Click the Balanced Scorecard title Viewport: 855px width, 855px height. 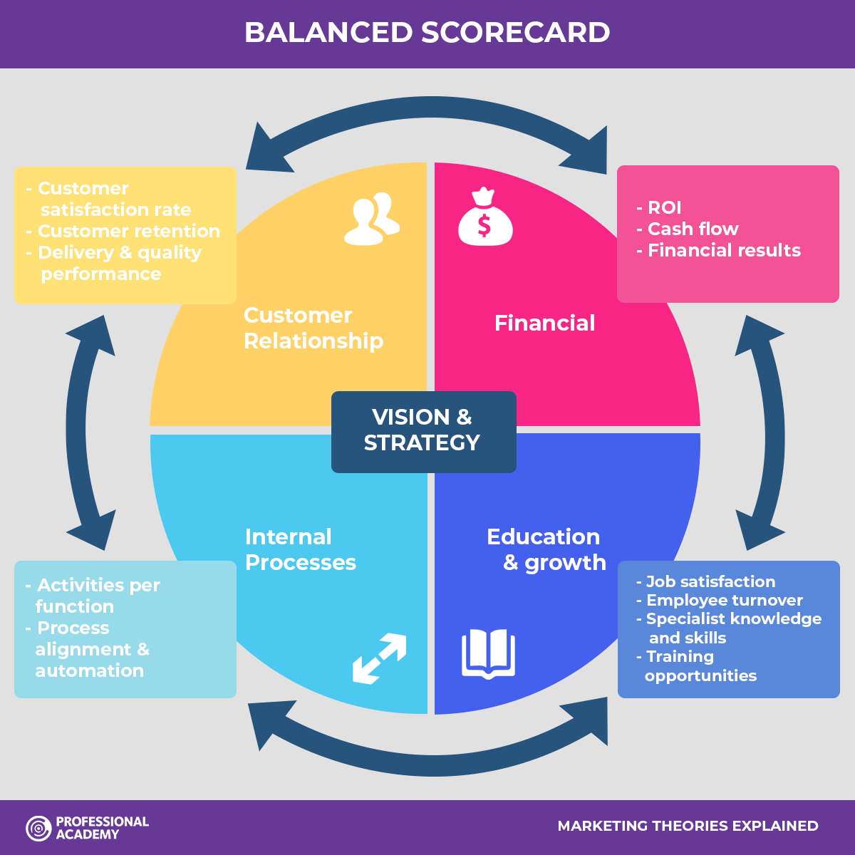[x=427, y=33]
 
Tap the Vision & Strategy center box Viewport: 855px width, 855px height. [x=423, y=430]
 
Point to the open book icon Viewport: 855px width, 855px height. [x=488, y=653]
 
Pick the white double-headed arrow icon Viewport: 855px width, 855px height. [x=379, y=658]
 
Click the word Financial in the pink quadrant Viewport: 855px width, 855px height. [x=544, y=323]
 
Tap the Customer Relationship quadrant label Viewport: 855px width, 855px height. [x=313, y=328]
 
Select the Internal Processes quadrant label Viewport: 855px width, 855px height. [x=300, y=549]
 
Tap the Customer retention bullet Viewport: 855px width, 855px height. [x=123, y=231]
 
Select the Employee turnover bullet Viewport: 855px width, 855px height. [x=720, y=600]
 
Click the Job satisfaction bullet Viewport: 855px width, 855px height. [x=705, y=581]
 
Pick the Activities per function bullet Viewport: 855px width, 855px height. [x=93, y=596]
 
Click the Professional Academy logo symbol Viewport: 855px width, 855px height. [x=38, y=828]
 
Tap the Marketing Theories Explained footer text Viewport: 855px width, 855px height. [x=688, y=826]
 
